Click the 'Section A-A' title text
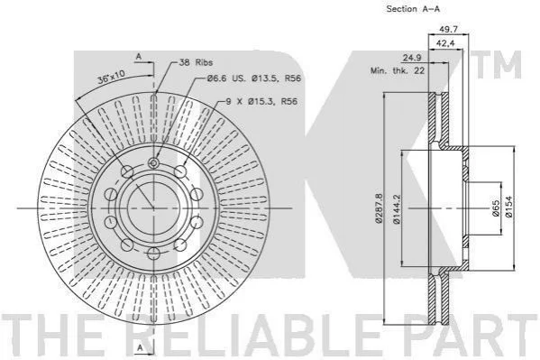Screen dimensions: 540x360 [x=413, y=9]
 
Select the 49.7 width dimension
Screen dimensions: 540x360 [x=448, y=29]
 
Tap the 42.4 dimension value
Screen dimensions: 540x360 [x=445, y=43]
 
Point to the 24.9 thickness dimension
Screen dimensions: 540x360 [x=412, y=58]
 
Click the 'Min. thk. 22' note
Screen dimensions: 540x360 [x=398, y=71]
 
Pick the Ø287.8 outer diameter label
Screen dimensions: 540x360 [x=379, y=208]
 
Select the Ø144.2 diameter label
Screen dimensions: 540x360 [x=397, y=209]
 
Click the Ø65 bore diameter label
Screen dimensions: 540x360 [x=496, y=208]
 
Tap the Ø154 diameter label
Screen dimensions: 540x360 [x=509, y=207]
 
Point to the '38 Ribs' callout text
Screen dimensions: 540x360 [x=196, y=62]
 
